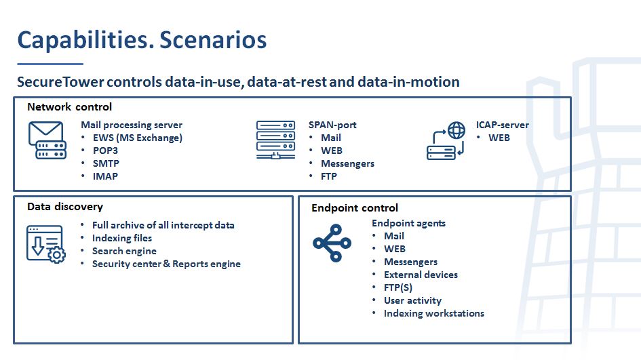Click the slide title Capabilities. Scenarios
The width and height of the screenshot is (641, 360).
[x=142, y=40]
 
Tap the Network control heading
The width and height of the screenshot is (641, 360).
[x=69, y=107]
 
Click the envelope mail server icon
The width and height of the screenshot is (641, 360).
[x=47, y=140]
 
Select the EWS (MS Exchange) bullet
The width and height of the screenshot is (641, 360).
[x=137, y=138]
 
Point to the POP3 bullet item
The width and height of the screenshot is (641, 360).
[x=105, y=151]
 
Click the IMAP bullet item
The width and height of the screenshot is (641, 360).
[x=105, y=176]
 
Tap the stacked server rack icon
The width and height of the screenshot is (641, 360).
[x=275, y=140]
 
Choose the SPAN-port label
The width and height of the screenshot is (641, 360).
[x=332, y=125]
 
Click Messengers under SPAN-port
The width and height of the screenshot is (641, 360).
[x=347, y=163]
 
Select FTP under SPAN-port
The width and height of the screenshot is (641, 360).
[x=329, y=176]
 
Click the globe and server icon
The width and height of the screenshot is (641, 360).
[x=446, y=140]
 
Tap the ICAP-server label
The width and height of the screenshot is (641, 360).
[x=502, y=125]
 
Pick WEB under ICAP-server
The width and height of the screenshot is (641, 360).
[x=499, y=138]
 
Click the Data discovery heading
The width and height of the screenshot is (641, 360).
[x=65, y=207]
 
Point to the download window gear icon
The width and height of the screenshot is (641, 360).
[x=46, y=244]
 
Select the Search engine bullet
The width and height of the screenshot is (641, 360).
[x=124, y=251]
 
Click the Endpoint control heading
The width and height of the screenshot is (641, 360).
[x=355, y=208]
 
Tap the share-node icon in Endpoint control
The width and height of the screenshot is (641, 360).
[x=332, y=243]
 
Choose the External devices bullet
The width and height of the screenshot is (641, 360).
[x=421, y=275]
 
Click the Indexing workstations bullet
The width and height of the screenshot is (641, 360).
[x=433, y=313]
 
